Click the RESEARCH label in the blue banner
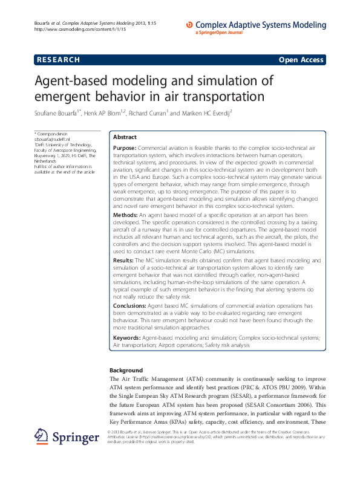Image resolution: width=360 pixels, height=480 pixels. click(58, 60)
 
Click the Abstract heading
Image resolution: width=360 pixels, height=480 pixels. click(125, 137)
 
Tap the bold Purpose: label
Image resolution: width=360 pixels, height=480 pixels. click(125, 148)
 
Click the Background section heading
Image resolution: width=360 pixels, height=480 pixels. click(126, 370)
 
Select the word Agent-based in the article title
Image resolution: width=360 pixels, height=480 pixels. click(71, 80)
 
